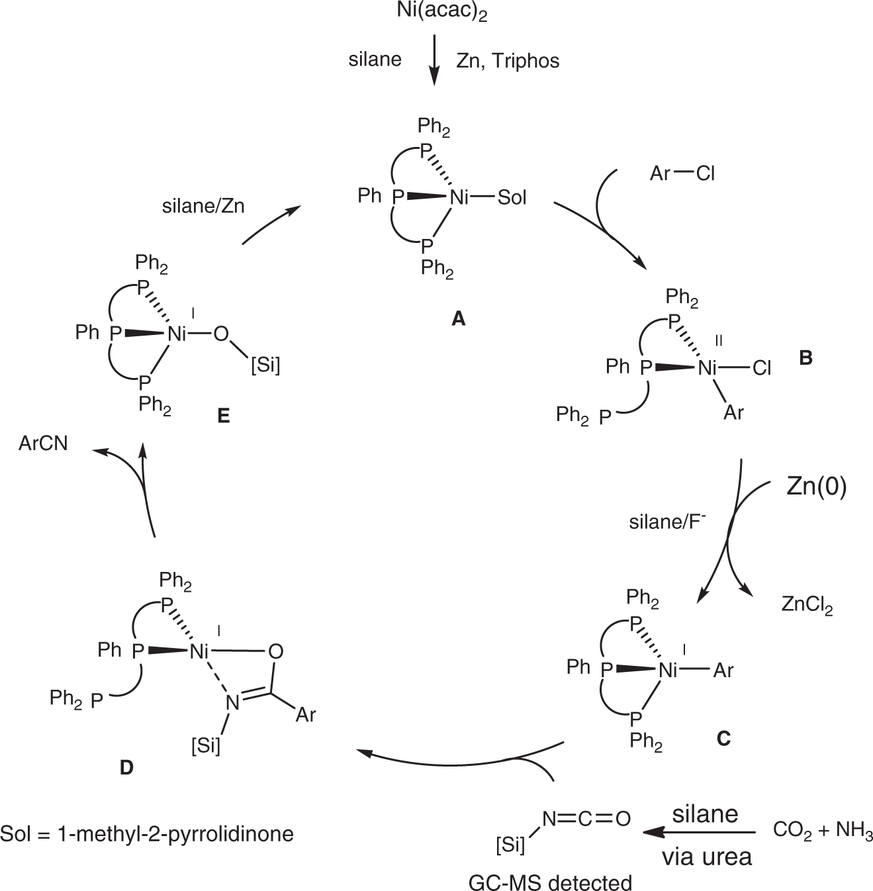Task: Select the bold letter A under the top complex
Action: [x=458, y=320]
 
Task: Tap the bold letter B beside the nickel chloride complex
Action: [x=805, y=357]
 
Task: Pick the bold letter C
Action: [x=723, y=738]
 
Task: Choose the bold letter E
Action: [x=223, y=416]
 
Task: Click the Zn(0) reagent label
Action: [x=817, y=487]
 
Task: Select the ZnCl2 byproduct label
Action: [x=807, y=606]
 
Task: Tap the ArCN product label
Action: [x=44, y=443]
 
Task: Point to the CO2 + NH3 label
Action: [x=823, y=831]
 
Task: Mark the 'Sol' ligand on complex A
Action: [x=512, y=197]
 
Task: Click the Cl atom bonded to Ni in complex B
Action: [x=762, y=368]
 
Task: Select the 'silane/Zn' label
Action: [x=203, y=206]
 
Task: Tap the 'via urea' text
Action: [x=707, y=857]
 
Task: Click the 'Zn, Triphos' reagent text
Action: [x=508, y=61]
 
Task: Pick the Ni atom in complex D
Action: [x=201, y=651]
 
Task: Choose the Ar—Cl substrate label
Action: [x=682, y=173]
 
